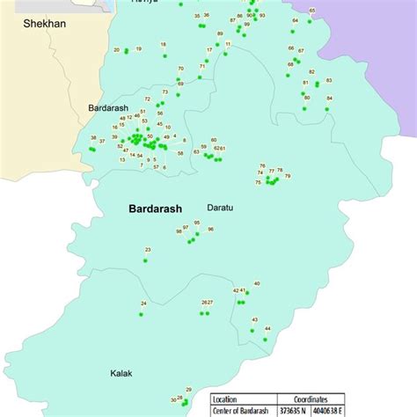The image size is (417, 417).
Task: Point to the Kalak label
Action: coord(121,373)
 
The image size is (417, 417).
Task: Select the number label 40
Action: coord(256,283)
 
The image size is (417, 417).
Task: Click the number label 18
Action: coord(163,44)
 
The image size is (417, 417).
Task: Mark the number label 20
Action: coord(118,50)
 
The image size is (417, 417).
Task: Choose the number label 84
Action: coord(329,98)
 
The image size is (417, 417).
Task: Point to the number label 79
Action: coord(288,176)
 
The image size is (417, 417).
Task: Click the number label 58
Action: coord(181,153)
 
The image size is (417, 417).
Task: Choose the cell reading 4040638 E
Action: coord(331,409)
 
